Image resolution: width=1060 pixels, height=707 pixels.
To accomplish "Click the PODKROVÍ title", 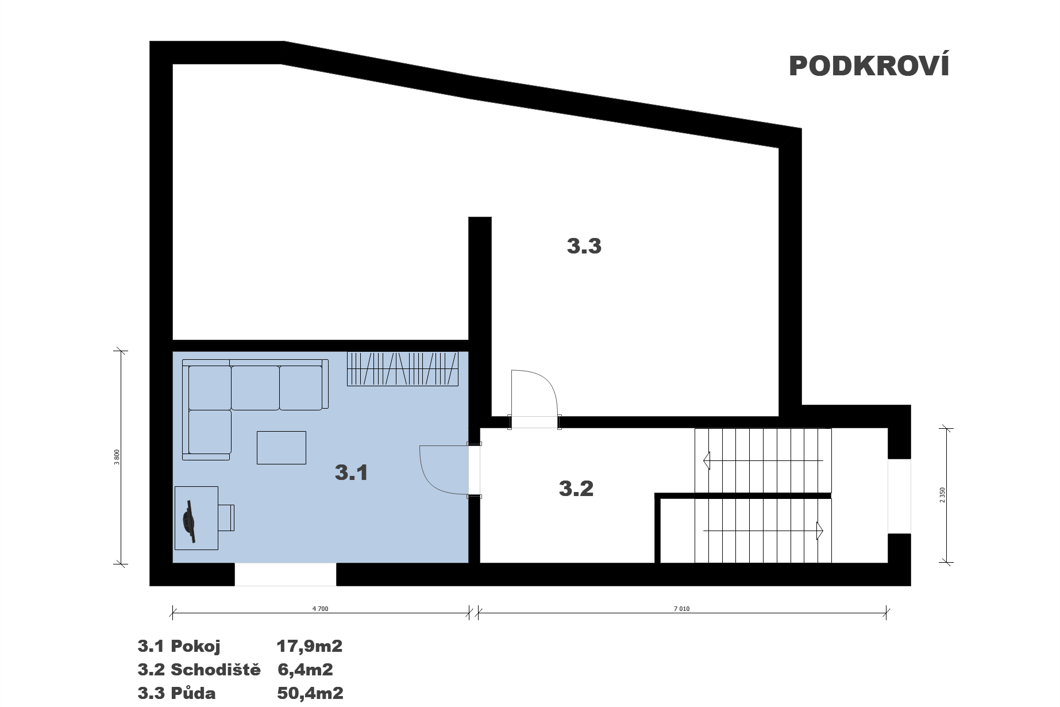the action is (869, 66).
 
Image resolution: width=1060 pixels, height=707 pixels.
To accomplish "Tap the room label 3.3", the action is (584, 246).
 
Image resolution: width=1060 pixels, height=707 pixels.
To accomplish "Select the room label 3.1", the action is (351, 472).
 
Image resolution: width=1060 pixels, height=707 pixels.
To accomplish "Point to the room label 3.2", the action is (576, 489).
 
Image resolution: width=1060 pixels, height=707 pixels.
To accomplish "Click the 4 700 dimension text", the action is (320, 609).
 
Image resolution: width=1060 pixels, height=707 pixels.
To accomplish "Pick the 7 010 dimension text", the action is (681, 609).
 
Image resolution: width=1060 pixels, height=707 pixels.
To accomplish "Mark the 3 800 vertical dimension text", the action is (117, 457).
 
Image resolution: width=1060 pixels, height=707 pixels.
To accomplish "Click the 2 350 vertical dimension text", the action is (942, 495).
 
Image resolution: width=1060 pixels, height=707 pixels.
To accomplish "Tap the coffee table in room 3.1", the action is (281, 447).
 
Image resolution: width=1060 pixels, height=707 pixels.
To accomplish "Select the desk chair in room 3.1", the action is (226, 518).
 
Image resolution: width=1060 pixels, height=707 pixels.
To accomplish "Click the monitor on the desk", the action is (190, 521).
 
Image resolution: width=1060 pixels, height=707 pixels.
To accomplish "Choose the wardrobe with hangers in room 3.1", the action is (402, 368).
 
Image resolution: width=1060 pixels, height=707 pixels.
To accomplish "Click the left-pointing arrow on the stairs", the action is (763, 460).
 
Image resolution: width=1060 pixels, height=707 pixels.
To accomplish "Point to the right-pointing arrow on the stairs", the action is (764, 530).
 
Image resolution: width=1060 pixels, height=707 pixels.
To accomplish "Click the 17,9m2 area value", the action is (309, 646).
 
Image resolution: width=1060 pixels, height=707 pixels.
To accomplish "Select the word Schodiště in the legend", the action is (215, 670).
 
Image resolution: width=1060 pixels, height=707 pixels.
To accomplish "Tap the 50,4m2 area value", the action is (310, 693).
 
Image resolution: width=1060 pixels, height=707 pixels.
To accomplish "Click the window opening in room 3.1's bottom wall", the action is (285, 574).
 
